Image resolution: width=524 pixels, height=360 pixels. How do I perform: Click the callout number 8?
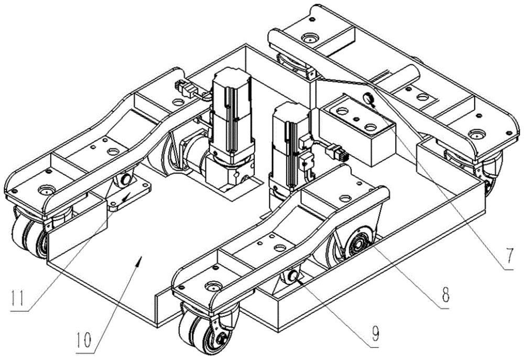[x=445, y=294]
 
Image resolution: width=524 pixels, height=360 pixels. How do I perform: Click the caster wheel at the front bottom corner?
[x=204, y=327]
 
